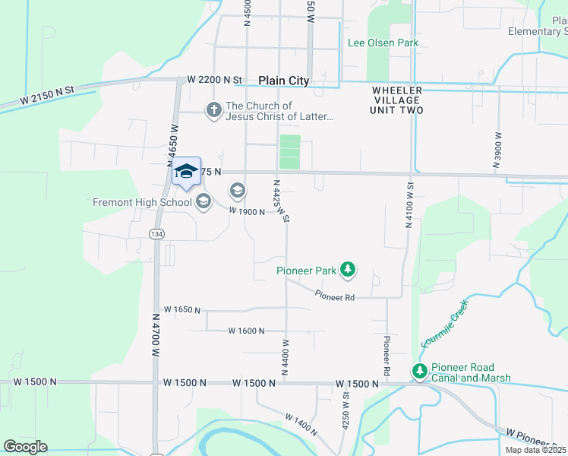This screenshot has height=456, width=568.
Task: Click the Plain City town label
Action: coord(283,81)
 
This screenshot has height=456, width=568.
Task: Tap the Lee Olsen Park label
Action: coord(383,43)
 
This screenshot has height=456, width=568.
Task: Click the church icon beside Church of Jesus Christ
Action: coord(214,111)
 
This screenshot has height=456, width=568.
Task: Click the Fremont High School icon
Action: coord(203,201)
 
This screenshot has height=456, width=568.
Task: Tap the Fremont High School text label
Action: coord(142,202)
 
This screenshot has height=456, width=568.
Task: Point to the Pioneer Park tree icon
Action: coord(348,269)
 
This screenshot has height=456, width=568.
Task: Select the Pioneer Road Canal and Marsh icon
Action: coord(419,371)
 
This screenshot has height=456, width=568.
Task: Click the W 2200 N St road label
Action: coord(214,79)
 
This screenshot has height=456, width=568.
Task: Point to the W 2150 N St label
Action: coord(48,95)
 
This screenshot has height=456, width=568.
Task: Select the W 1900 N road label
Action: coord(247,212)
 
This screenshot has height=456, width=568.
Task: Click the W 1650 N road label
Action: coord(182,310)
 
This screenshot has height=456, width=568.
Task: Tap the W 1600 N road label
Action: coord(246,331)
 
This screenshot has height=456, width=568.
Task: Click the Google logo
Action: coord(25,447)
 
